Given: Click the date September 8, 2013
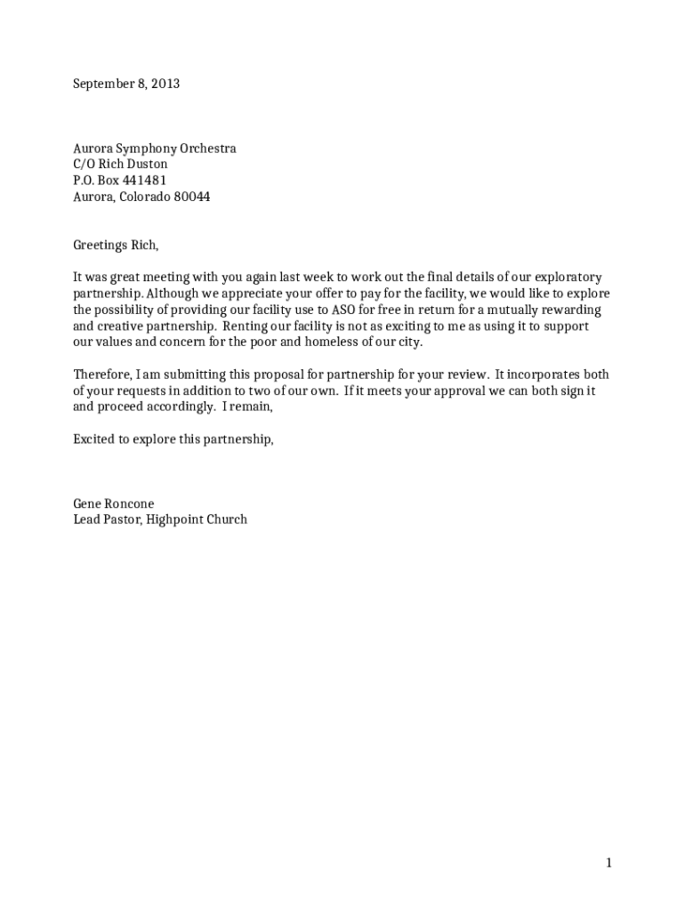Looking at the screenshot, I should pos(126,84).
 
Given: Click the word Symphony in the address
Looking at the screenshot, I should pos(144,149).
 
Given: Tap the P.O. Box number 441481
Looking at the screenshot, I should pos(144,181).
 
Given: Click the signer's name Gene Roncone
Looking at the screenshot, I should pos(113,504).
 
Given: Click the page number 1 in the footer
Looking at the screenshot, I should pos(608,862).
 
